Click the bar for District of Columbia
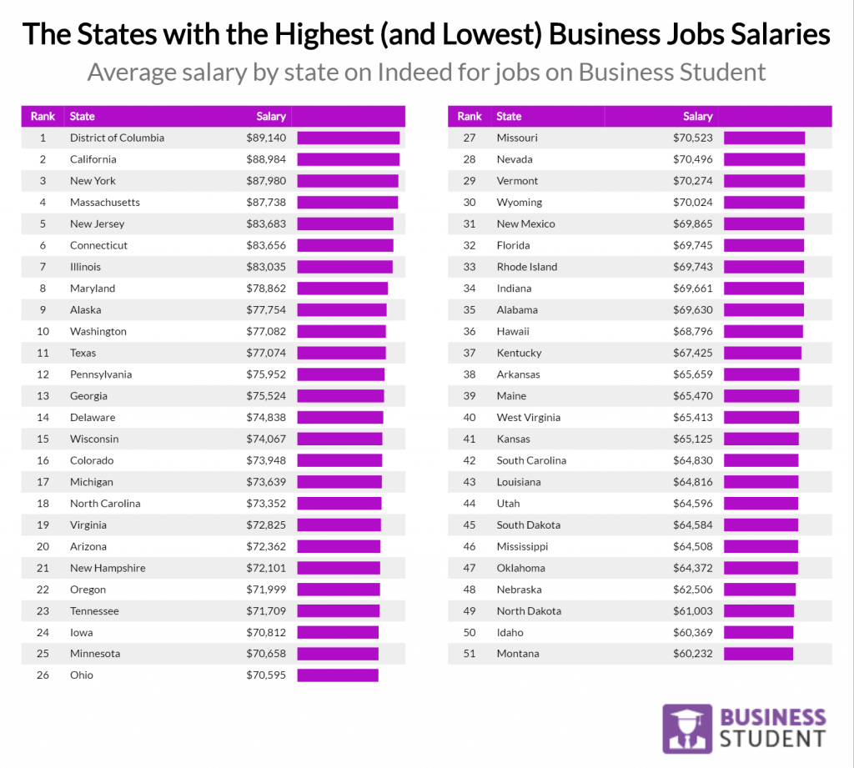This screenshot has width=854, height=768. tap(348, 138)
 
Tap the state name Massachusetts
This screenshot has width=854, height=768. tap(105, 203)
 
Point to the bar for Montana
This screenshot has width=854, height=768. tap(758, 654)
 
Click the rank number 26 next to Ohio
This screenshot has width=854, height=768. tap(43, 675)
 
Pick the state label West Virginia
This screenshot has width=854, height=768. tap(528, 418)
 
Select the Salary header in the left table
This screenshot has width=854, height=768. tap(271, 117)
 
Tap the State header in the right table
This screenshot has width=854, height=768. tap(509, 117)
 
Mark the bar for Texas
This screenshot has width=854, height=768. tap(341, 353)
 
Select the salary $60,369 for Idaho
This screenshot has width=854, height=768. tap(692, 632)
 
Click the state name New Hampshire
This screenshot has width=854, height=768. tap(108, 568)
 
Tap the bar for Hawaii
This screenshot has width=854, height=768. tap(763, 332)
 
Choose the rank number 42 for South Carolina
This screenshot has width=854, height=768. tap(470, 460)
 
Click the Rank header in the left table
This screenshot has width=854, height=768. tap(43, 117)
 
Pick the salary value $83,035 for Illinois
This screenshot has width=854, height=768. tap(265, 267)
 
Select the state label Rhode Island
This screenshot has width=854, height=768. tap(526, 267)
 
